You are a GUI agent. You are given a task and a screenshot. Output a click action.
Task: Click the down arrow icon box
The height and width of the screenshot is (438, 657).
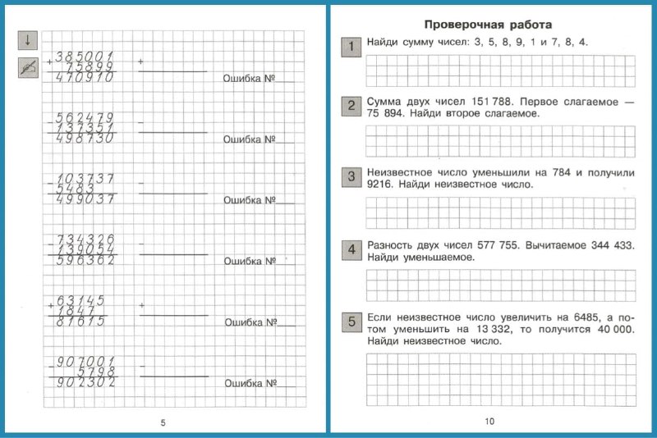(27, 40)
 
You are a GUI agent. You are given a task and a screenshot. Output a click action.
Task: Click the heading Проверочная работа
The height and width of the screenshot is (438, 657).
(487, 25)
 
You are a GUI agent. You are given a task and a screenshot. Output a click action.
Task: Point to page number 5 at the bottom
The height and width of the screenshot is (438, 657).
(163, 422)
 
